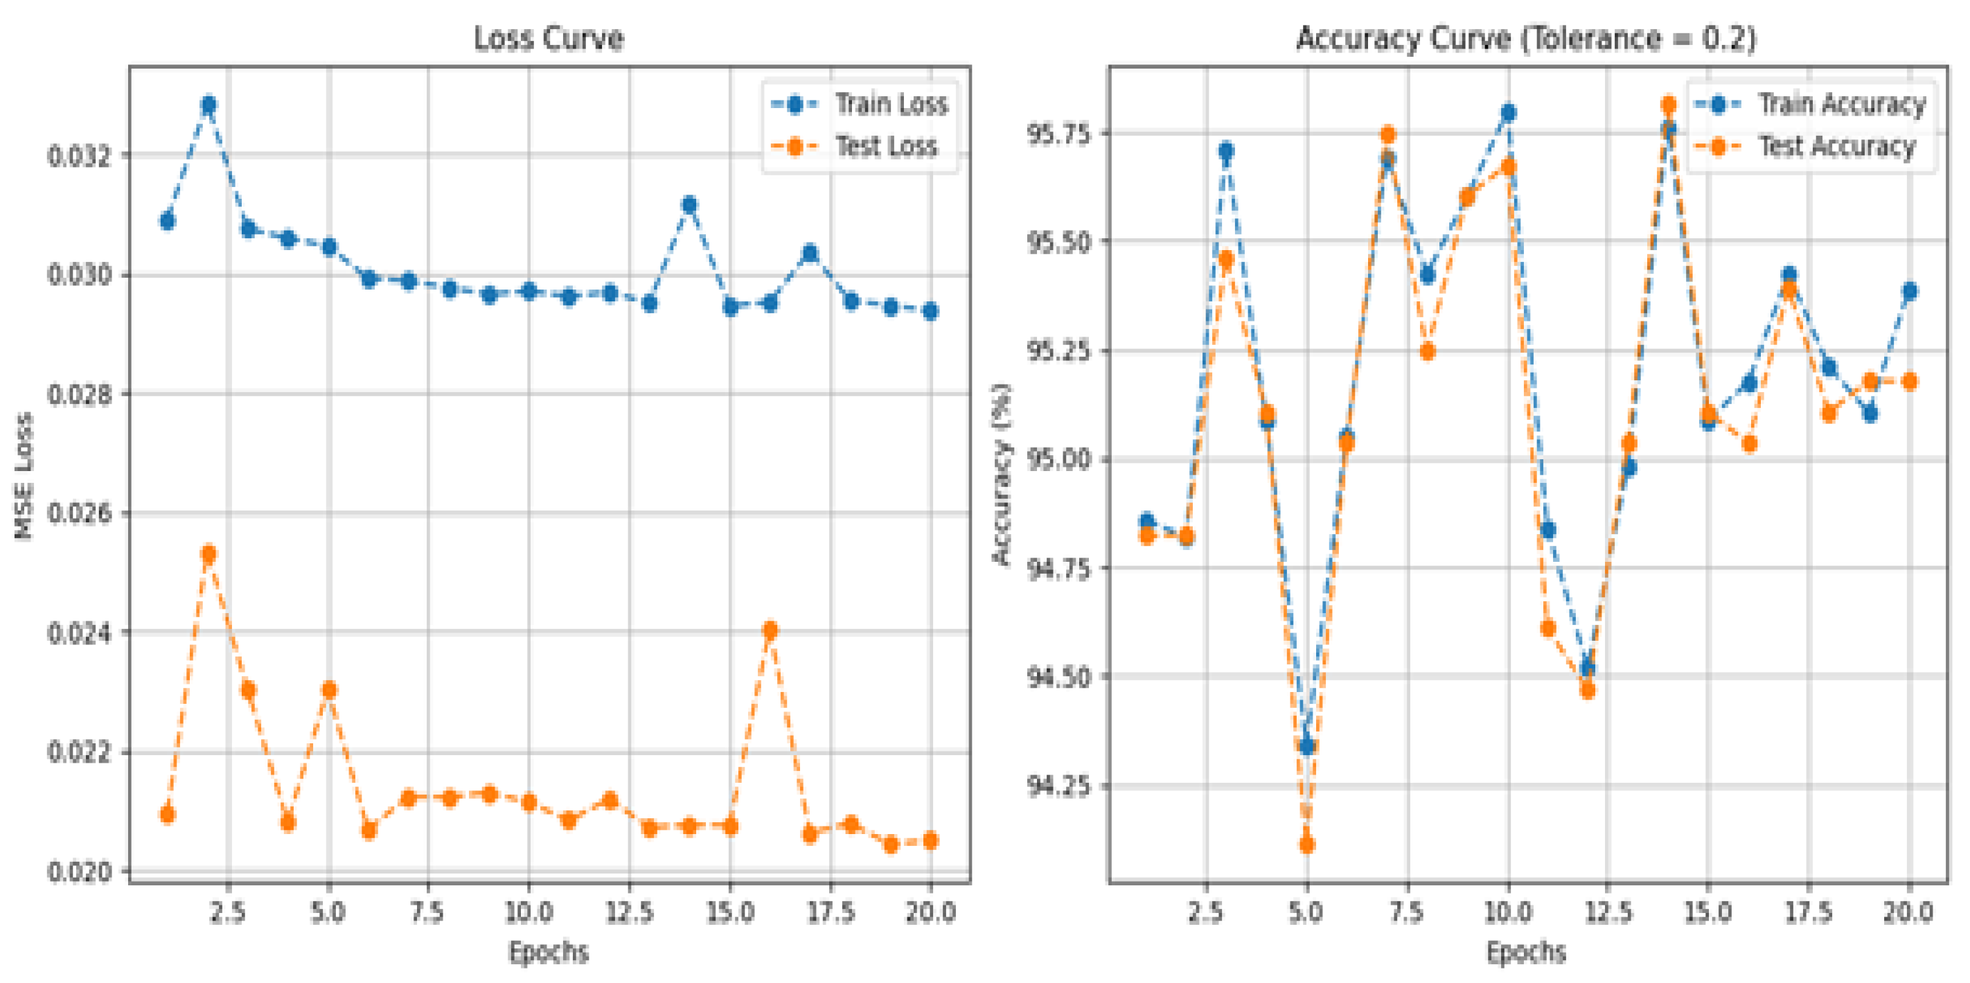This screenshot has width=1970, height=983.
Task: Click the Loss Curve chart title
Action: point(549,38)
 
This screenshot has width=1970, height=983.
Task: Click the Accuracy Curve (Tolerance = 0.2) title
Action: point(1526,38)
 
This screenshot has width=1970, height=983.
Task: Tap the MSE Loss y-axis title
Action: point(24,476)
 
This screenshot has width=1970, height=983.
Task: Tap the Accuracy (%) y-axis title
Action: point(1001,475)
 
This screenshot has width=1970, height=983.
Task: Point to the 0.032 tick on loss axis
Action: point(79,155)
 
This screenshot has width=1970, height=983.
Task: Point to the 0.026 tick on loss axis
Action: point(79,513)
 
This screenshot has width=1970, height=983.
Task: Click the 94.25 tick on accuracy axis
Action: point(1058,786)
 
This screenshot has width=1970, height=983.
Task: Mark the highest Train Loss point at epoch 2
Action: point(208,105)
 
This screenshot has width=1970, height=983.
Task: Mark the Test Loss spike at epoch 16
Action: point(770,630)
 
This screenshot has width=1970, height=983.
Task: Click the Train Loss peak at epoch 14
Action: point(689,204)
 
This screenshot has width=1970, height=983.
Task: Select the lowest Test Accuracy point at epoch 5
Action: point(1307,844)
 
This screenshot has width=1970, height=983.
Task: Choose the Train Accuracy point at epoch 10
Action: point(1508,113)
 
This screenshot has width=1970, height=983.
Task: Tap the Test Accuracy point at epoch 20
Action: point(1910,381)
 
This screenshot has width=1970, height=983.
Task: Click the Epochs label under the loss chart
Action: point(549,953)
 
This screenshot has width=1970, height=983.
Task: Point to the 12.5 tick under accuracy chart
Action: point(1608,912)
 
